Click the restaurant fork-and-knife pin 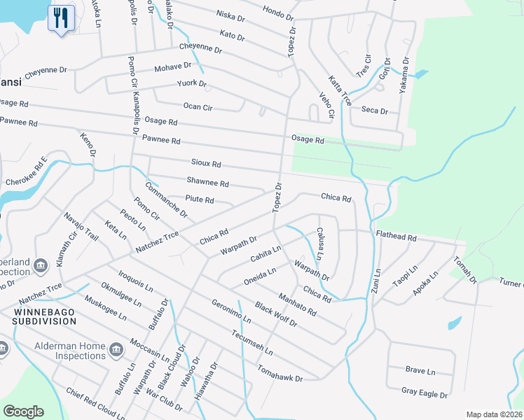pyautogui.click(x=61, y=18)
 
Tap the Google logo pyautogui.click(x=24, y=412)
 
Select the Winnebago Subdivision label pyautogui.click(x=43, y=315)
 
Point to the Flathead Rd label pyautogui.click(x=396, y=237)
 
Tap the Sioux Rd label pyautogui.click(x=206, y=163)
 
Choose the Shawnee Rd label pyautogui.click(x=207, y=183)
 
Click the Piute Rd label pyautogui.click(x=199, y=200)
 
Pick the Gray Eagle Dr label pyautogui.click(x=425, y=394)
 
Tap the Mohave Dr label pyautogui.click(x=172, y=68)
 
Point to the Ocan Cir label pyautogui.click(x=198, y=106)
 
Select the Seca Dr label pyautogui.click(x=374, y=110)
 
